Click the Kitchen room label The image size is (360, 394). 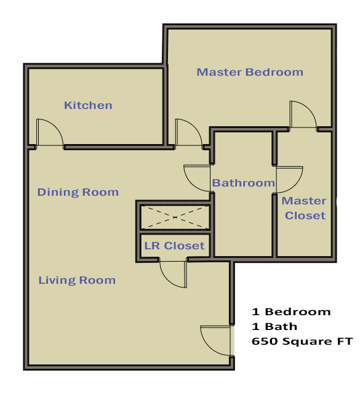[88, 105]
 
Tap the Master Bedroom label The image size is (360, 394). [250, 72]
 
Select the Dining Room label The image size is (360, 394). [78, 192]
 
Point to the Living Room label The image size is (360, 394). [77, 280]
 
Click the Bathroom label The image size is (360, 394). [243, 183]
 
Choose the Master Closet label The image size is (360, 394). [304, 208]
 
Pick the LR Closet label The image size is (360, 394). [174, 246]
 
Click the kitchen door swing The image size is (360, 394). [49, 133]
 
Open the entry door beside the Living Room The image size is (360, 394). [216, 340]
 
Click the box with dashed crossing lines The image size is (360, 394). [175, 217]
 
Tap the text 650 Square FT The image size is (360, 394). [302, 341]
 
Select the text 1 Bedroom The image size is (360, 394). [291, 312]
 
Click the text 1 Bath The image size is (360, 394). [274, 326]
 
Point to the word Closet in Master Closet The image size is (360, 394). [305, 215]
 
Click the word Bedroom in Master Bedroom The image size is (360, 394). [274, 72]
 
